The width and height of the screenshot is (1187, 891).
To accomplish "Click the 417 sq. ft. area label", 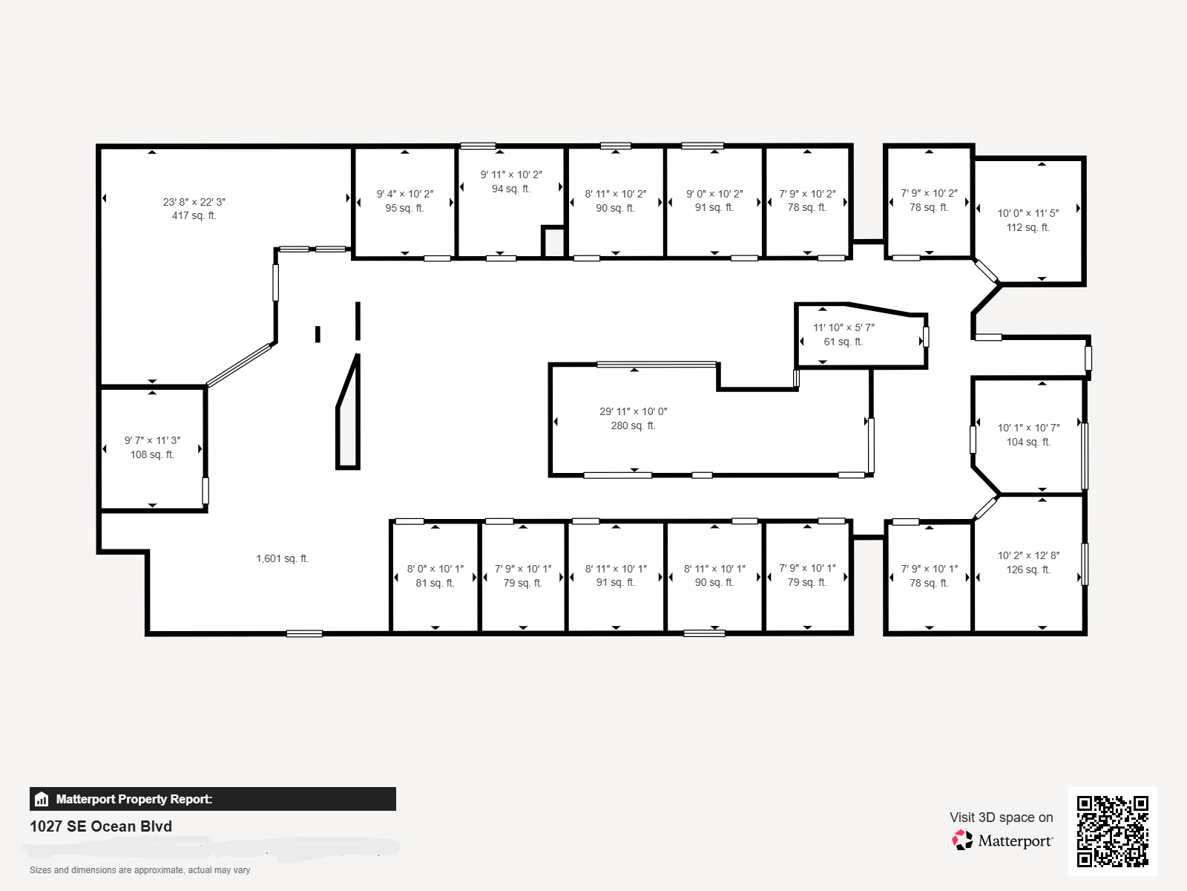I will click(194, 216).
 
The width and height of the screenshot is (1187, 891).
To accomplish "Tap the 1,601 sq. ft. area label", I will click(282, 558).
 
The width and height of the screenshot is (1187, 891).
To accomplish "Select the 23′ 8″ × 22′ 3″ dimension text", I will click(194, 202).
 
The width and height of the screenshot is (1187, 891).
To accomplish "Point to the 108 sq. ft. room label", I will click(152, 454).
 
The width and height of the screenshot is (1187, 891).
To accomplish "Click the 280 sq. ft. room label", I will click(633, 425).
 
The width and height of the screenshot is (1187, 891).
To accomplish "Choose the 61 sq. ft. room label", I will click(843, 342).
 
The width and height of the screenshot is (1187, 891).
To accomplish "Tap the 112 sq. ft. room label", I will click(1027, 227).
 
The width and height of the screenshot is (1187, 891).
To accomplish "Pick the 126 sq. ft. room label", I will click(1027, 569).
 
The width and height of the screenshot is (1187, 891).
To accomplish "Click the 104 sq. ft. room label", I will click(1027, 442).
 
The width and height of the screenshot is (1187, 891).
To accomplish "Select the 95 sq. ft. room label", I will click(404, 208).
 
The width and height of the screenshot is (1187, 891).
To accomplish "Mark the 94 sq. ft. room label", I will click(511, 189).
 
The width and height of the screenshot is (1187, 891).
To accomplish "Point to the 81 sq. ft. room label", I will click(435, 583).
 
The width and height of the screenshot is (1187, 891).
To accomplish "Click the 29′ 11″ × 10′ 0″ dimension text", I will click(634, 411).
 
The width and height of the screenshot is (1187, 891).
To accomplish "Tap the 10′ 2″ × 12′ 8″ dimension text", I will click(1028, 555).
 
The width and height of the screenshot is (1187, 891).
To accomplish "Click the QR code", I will click(1112, 831).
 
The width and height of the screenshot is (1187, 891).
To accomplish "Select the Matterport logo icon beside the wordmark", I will click(962, 840).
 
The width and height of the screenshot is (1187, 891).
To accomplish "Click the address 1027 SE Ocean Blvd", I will click(101, 826).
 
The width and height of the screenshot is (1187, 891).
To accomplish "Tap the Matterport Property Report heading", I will click(134, 799).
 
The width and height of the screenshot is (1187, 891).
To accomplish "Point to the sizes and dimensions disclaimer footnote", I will click(139, 870).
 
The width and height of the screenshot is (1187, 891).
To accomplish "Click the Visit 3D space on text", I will click(1001, 817).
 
